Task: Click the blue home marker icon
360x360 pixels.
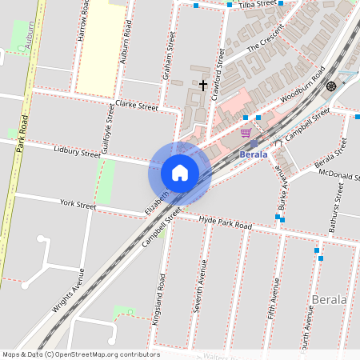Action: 179,173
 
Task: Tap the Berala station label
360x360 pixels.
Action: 254,154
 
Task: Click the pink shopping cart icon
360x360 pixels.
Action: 246,133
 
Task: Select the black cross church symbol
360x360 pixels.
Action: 203,84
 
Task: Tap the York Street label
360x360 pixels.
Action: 78,206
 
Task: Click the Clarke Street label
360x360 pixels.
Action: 136,105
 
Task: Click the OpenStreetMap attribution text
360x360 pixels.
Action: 81,354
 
